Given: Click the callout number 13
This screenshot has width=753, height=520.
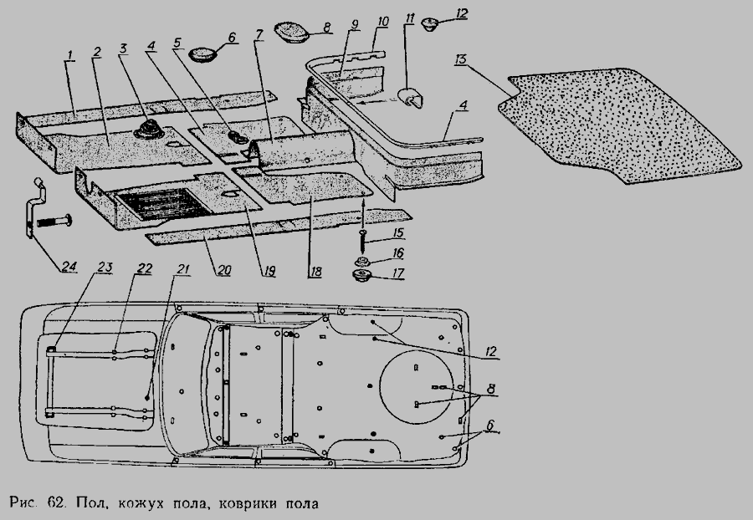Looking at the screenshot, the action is [x=460, y=60].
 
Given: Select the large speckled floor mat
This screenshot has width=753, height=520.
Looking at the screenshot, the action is [x=619, y=125].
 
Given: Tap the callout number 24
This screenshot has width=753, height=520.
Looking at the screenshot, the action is [x=69, y=266].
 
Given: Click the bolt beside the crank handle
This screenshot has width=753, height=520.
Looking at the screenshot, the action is [x=54, y=222].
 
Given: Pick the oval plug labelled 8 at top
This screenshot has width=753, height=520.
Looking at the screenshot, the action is [x=291, y=31].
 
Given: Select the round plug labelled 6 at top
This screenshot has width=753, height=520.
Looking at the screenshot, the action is [x=202, y=54].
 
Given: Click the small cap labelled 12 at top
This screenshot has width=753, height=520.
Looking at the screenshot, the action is [x=429, y=24].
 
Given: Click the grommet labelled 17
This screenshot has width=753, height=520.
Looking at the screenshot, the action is [x=363, y=277].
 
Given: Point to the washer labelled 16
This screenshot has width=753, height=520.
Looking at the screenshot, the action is [x=362, y=262].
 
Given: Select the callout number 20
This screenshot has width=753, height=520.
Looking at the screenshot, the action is [x=223, y=270].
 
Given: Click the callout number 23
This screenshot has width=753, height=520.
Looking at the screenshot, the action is [x=105, y=268].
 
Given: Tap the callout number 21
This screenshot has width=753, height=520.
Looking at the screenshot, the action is [x=183, y=268].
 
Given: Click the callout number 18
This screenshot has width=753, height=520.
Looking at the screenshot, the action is [x=315, y=272].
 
